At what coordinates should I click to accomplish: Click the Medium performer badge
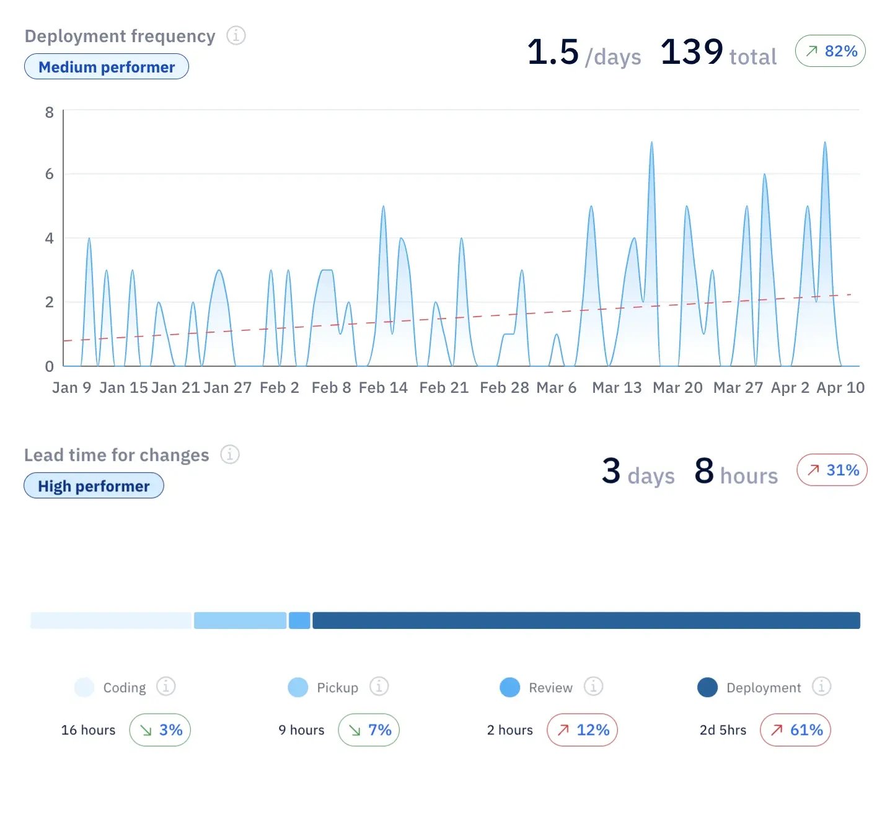coord(107,67)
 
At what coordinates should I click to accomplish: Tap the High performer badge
coord(94,486)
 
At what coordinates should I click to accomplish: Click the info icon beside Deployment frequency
coord(236,36)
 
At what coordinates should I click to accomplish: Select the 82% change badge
coord(831,51)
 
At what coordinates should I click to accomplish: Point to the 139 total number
coord(692,52)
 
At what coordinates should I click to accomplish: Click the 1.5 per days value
coord(553,52)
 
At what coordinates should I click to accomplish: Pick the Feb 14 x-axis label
coord(383,388)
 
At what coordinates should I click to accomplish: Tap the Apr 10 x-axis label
coord(840,388)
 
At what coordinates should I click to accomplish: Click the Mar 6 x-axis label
coord(556,388)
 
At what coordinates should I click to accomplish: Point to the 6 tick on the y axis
coord(50,174)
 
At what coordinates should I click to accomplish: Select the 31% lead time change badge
coord(832,470)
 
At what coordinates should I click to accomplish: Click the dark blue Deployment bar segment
coord(586,620)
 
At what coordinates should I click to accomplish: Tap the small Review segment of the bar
coord(299,620)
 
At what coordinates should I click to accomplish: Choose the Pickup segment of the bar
coord(240,620)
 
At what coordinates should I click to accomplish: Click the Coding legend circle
coord(84,687)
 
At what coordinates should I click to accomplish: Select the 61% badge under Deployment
coord(795,730)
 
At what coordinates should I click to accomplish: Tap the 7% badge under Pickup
coord(369,730)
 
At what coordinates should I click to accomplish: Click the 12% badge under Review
coord(582,730)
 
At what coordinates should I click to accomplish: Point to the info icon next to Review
coord(593,687)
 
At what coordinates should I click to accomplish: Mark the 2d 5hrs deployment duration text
coord(723,731)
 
